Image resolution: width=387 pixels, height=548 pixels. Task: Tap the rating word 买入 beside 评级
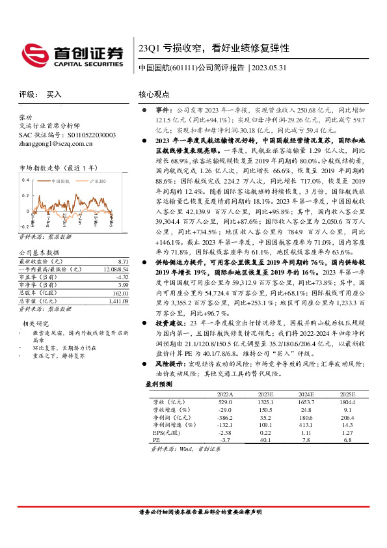(54, 94)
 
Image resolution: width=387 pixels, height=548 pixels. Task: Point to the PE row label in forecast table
(156, 440)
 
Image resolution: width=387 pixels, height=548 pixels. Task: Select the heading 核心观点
(153, 94)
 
